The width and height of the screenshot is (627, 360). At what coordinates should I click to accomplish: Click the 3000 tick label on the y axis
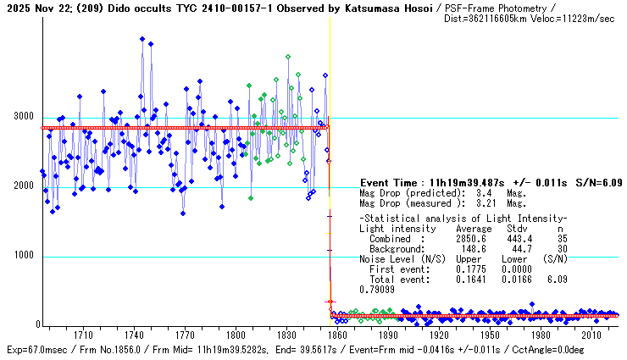(23, 117)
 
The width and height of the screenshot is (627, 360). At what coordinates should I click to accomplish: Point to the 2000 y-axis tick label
(23, 186)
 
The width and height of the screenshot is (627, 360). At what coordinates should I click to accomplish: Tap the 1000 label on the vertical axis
(23, 256)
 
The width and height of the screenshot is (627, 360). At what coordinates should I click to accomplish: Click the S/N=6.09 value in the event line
(599, 183)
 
